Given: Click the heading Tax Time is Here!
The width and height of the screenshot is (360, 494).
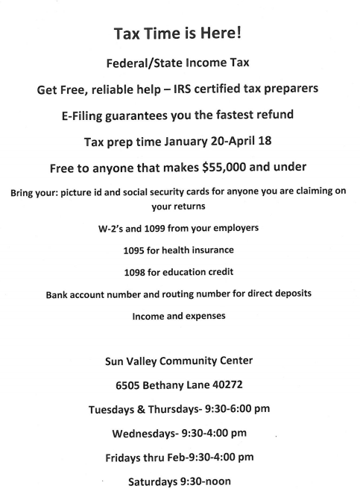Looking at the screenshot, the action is click(x=180, y=34).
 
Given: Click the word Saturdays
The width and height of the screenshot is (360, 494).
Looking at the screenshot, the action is click(x=155, y=481).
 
